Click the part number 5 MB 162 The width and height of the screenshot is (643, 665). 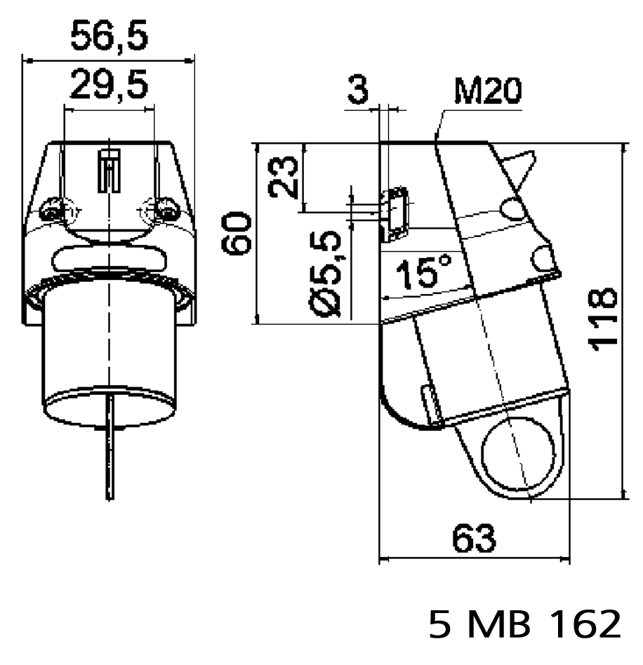[x=524, y=624]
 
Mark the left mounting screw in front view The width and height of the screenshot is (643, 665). [x=51, y=210]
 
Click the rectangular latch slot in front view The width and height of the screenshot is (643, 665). [x=109, y=170]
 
